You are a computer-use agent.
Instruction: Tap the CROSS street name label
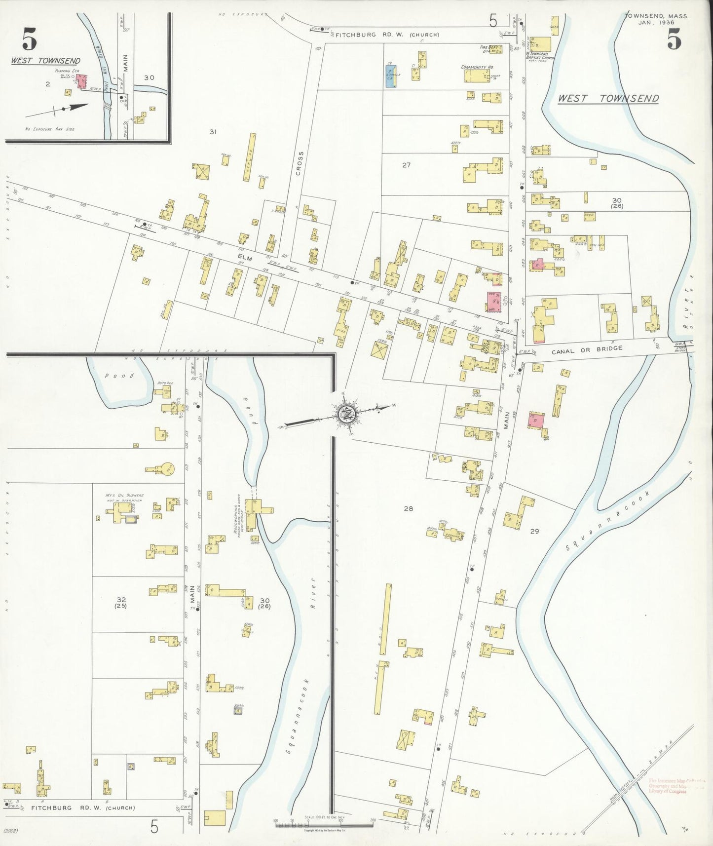pos(300,163)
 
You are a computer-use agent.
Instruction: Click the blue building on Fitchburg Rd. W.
pos(390,77)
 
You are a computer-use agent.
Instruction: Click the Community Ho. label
pos(477,67)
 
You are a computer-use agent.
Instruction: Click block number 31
pos(213,132)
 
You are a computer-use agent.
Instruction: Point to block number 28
pos(408,508)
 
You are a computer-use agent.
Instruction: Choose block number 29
pos(534,532)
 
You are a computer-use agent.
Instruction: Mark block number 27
pos(406,165)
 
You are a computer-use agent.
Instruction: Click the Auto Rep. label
pos(163,383)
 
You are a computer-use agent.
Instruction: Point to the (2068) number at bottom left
pos(10,831)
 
